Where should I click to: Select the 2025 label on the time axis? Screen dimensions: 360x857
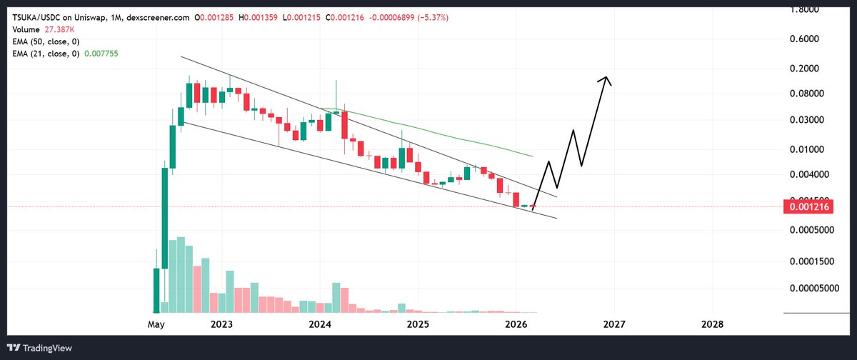pyautogui.click(x=418, y=324)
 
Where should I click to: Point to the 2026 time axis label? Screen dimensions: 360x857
pyautogui.click(x=516, y=324)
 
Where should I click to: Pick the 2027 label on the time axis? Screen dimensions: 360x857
pyautogui.click(x=614, y=324)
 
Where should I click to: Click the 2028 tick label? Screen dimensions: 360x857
pyautogui.click(x=712, y=324)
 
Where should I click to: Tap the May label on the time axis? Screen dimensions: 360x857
pyautogui.click(x=156, y=324)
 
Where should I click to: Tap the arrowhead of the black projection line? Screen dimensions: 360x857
pyautogui.click(x=606, y=79)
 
